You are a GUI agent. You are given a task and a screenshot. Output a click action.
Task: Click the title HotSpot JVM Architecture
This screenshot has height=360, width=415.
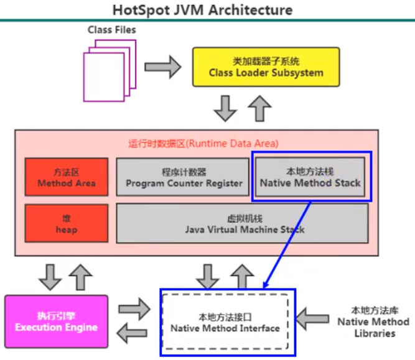[x=202, y=11]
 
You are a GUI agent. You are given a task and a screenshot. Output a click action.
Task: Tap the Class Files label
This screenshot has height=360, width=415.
[x=111, y=29]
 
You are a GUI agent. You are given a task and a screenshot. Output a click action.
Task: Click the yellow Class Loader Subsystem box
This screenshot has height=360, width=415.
[x=265, y=67]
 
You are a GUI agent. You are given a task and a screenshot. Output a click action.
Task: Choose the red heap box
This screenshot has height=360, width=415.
[x=67, y=223]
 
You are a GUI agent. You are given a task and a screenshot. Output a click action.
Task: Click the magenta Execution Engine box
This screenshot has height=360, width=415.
[x=56, y=322]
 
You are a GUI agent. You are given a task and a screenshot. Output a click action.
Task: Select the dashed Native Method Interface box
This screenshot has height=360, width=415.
[x=225, y=321]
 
